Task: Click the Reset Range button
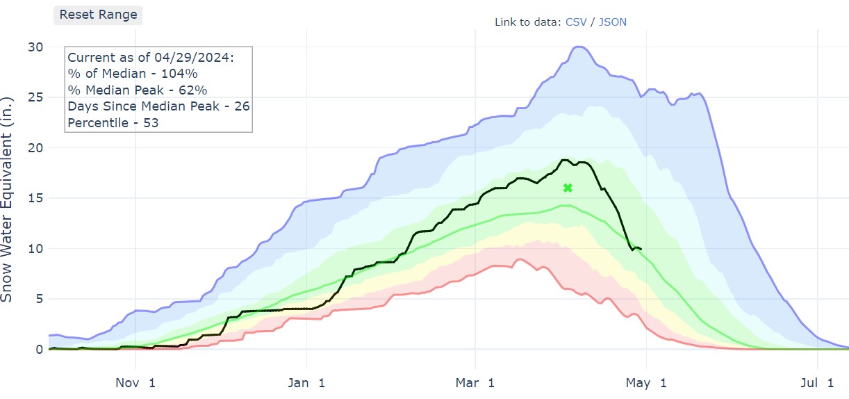[98, 15]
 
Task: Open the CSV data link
[576, 22]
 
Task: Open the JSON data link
[613, 22]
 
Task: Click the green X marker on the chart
[568, 188]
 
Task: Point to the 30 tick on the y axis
[35, 47]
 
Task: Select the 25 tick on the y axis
[35, 97]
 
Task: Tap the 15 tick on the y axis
[35, 198]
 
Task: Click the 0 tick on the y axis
[39, 350]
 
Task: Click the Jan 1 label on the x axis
[306, 382]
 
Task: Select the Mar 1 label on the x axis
[475, 382]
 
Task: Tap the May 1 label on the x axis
[646, 382]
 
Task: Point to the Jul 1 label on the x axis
[817, 382]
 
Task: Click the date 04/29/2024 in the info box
[201, 58]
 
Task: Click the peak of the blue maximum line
[579, 47]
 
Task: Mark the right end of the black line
[641, 249]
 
